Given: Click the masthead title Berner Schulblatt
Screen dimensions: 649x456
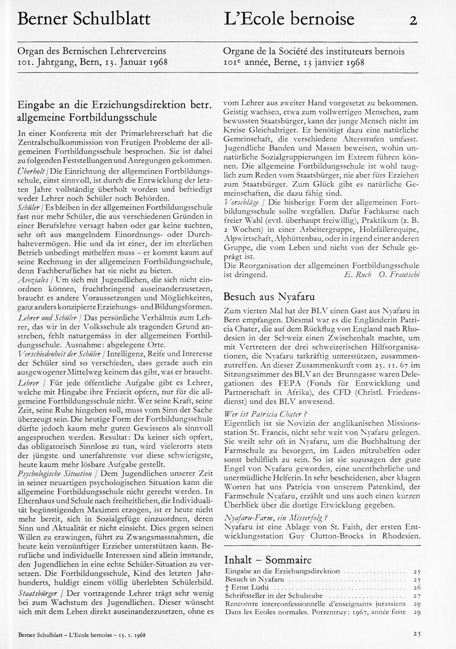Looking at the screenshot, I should (x=84, y=19).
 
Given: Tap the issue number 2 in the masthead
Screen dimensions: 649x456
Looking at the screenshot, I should (x=413, y=21).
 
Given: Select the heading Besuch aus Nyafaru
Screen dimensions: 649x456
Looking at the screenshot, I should (x=269, y=296).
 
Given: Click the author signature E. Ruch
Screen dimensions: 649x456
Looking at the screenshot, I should (x=358, y=274).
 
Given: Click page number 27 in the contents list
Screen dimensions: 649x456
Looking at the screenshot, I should (x=416, y=595).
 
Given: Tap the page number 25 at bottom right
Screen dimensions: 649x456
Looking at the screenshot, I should (x=417, y=633).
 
